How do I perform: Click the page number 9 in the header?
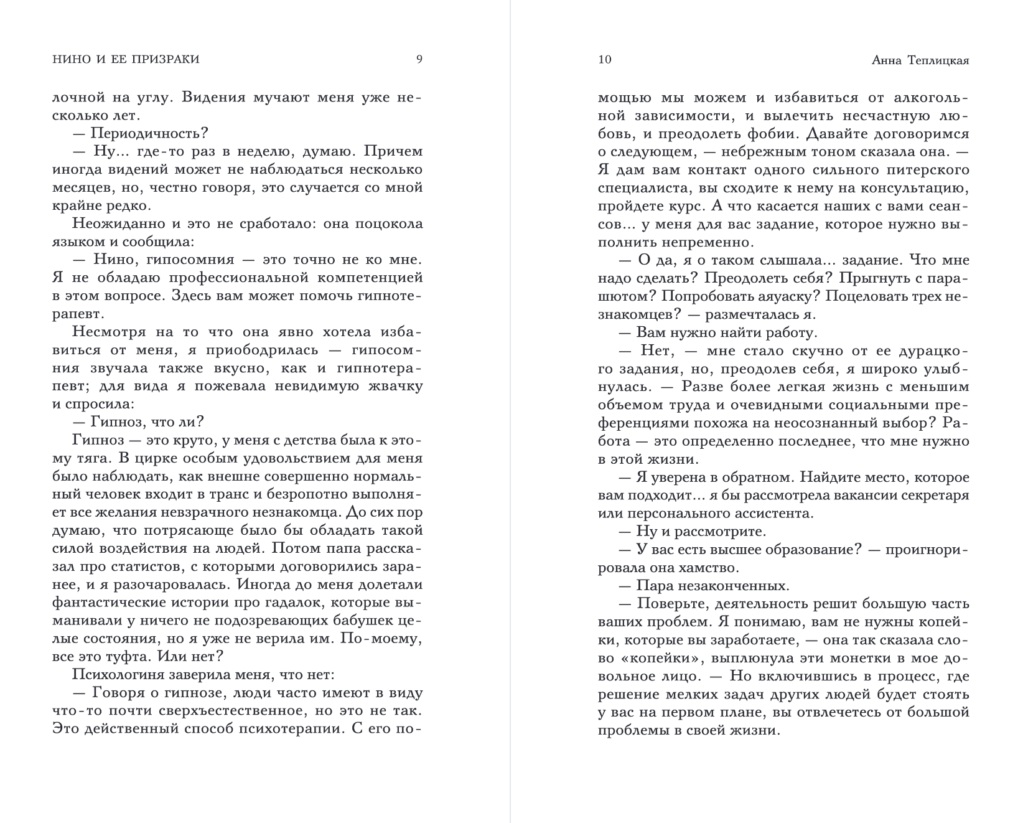coord(419,60)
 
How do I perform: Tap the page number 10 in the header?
coord(604,60)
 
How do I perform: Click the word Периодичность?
coord(149,133)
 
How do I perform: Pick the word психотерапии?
coord(296,728)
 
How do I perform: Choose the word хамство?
coord(710,568)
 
